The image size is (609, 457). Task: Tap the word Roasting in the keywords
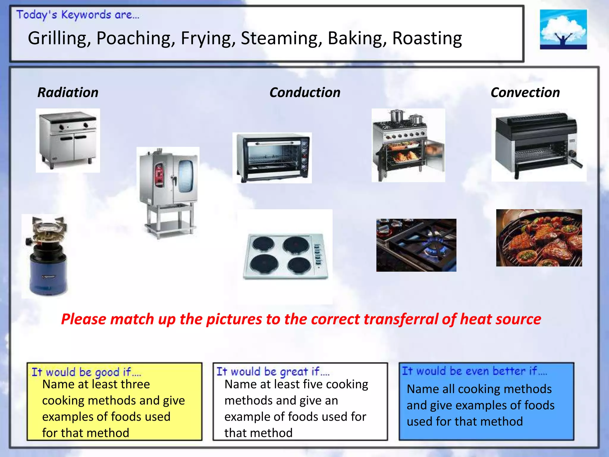[427, 39]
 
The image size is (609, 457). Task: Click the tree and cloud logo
[563, 29]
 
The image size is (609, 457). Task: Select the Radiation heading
[68, 93]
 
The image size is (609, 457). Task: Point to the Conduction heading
[305, 93]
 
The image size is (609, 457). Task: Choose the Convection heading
[525, 93]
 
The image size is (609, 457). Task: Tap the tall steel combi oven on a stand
[168, 190]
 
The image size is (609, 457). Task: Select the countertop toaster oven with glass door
[272, 158]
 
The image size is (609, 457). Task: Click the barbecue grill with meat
[539, 238]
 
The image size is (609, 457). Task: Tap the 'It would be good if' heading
[86, 372]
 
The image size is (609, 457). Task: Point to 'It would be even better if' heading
[474, 371]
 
